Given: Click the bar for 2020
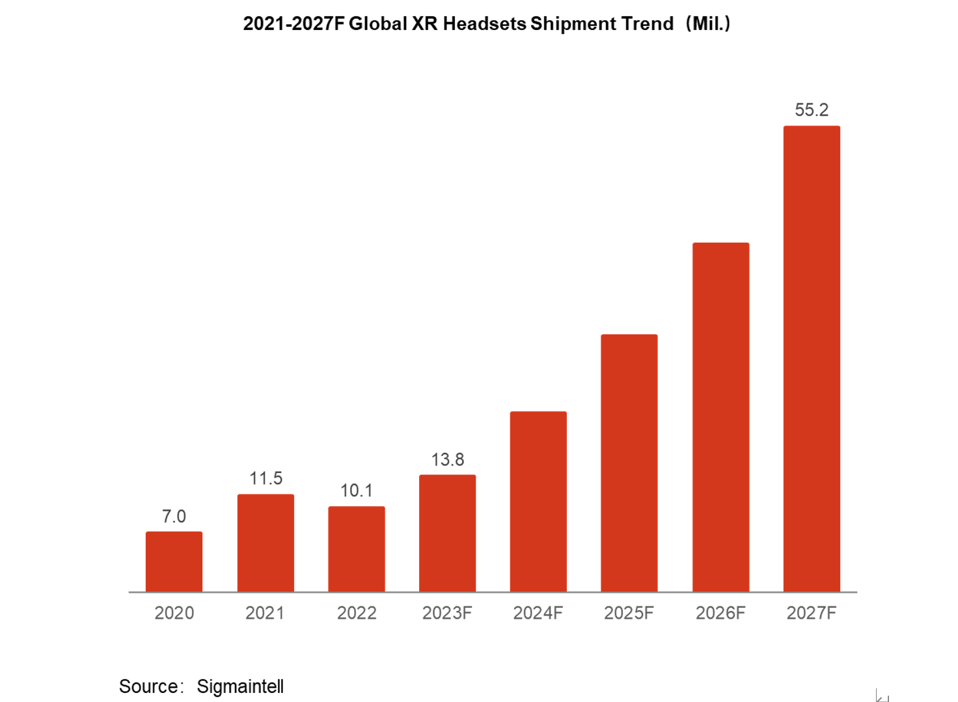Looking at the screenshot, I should (x=174, y=561).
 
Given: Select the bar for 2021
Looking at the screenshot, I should (x=266, y=543).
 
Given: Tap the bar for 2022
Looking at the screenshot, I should (x=357, y=548).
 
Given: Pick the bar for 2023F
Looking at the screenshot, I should (x=447, y=533).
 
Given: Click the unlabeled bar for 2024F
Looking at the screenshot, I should (x=538, y=501).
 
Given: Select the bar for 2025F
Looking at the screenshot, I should (x=629, y=463).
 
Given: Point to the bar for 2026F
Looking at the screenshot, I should (x=720, y=417).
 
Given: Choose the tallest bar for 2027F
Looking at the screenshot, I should (x=812, y=358).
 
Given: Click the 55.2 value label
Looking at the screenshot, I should (x=812, y=110).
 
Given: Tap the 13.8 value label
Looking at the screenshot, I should (x=448, y=460).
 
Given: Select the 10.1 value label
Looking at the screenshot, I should (x=357, y=491).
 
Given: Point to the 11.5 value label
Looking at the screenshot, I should (x=266, y=479).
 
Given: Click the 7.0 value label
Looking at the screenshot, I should (x=174, y=517).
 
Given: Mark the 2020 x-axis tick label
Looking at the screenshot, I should (x=174, y=613).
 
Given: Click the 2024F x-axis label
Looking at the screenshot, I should (x=538, y=613).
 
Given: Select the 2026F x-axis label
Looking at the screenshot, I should (x=720, y=613).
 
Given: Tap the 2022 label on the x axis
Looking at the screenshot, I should (x=357, y=613).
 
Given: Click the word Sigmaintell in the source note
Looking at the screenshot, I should (x=240, y=686).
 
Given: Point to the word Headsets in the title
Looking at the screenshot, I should (x=484, y=23).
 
